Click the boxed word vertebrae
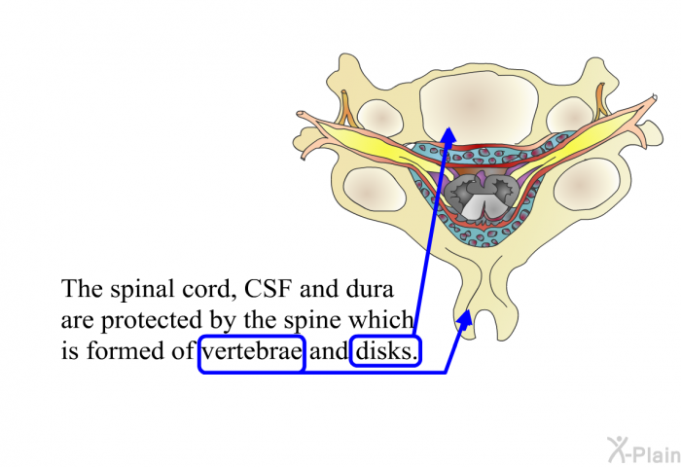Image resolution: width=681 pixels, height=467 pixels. pyautogui.click(x=253, y=352)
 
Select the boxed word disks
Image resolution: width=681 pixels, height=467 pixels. pyautogui.click(x=385, y=352)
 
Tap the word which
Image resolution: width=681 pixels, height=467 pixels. pyautogui.click(x=383, y=321)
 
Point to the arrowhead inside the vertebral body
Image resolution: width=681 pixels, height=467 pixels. pyautogui.click(x=448, y=132)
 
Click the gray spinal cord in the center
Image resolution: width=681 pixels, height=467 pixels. pyautogui.click(x=477, y=195)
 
